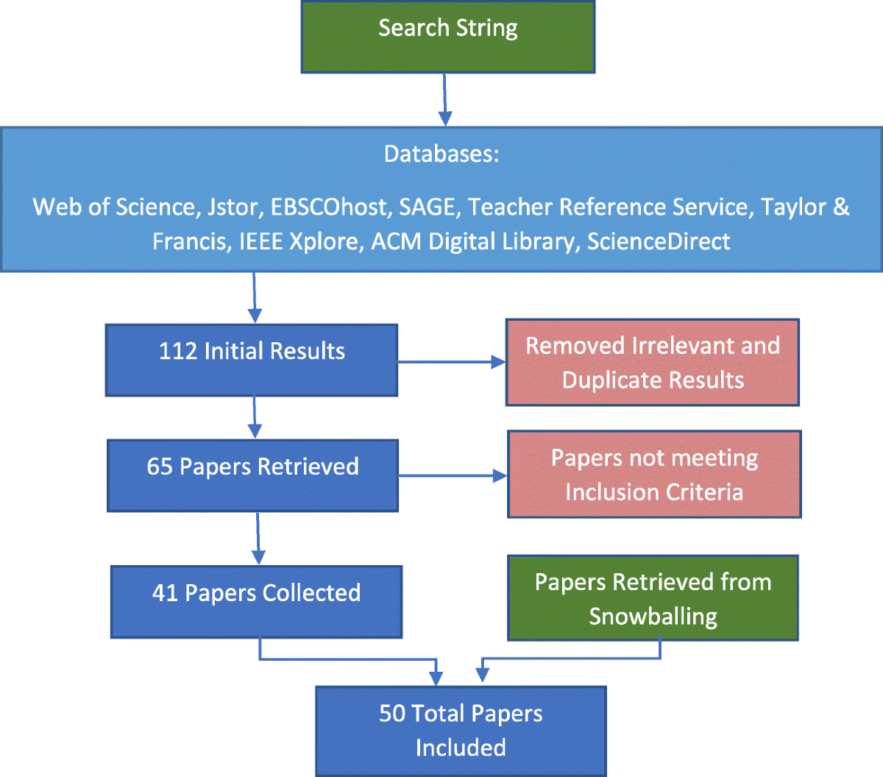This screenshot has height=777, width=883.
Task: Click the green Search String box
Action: [447, 37]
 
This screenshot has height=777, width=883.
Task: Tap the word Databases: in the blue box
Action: [441, 154]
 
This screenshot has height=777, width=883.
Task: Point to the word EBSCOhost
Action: [329, 207]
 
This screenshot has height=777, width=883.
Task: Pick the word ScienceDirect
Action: [658, 241]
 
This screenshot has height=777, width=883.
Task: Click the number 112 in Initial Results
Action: [177, 351]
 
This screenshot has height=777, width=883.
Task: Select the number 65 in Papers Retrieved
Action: [160, 466]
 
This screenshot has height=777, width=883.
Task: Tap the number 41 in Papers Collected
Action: [165, 593]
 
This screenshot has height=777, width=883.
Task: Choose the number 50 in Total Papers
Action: [393, 714]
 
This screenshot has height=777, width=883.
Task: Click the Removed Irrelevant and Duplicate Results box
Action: [652, 363]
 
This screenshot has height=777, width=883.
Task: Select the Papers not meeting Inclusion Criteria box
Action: [653, 475]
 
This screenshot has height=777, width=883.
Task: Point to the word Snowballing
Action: [653, 617]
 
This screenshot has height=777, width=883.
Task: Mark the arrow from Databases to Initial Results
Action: [255, 298]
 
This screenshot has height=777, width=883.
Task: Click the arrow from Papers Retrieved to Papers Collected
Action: [258, 539]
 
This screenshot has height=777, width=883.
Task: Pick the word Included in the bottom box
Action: [461, 748]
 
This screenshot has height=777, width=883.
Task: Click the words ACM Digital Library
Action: [472, 241]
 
